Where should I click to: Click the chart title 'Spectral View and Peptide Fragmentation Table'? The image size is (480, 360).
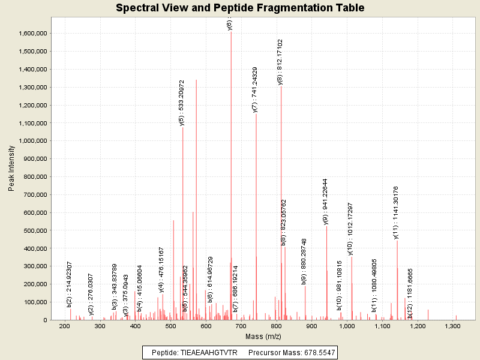[240, 8]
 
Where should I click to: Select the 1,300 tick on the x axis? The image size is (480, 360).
[453, 326]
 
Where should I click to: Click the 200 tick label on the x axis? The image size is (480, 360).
[64, 326]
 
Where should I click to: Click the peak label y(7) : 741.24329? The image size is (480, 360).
[255, 89]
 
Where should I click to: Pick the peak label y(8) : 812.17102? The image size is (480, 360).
[280, 62]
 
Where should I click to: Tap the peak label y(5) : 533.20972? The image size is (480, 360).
[182, 103]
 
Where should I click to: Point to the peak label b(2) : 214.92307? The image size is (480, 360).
[70, 284]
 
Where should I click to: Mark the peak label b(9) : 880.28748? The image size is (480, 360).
[304, 261]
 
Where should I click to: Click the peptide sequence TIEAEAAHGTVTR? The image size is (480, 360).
[208, 352]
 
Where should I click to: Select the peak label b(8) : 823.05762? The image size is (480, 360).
[284, 222]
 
